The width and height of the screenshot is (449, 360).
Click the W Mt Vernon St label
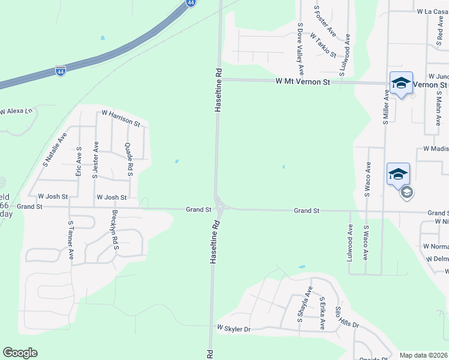[303, 81]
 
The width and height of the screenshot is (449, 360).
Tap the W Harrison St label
[121, 118]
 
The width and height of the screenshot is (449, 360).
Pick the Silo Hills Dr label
[348, 316]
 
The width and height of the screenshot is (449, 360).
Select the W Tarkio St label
[323, 45]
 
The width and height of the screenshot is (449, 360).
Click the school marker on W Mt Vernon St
[400, 83]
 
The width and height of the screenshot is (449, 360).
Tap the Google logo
[20, 353]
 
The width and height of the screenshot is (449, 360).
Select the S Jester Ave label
[95, 161]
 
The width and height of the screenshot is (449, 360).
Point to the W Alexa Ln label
[14, 112]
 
